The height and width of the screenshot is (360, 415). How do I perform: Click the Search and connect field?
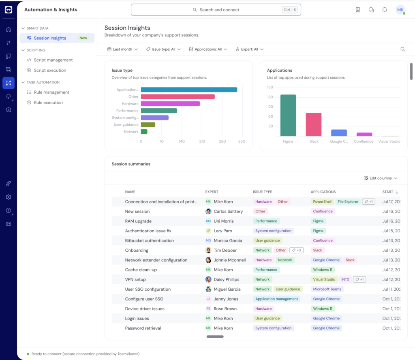[216, 10]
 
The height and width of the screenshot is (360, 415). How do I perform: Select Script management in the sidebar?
[53, 60]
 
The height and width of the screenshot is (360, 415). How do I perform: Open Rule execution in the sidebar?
[48, 103]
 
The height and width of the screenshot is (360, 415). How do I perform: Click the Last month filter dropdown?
[122, 49]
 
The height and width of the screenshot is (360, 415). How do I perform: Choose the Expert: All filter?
[249, 49]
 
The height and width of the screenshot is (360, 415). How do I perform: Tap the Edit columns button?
[381, 178]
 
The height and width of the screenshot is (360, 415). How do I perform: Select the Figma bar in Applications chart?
[288, 115]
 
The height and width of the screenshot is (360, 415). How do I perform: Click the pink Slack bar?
[314, 124]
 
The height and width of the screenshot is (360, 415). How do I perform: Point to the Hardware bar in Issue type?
[170, 104]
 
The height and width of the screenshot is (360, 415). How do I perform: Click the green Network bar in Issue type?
[144, 132]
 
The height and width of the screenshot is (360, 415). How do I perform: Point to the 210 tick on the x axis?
[202, 141]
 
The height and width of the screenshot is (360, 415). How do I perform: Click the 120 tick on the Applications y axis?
[270, 97]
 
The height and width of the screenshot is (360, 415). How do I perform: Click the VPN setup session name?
[135, 279]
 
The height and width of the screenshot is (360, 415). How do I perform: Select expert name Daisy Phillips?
[226, 279]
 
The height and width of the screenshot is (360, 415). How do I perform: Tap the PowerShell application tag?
[322, 201]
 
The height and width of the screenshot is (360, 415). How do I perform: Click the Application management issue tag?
[276, 299]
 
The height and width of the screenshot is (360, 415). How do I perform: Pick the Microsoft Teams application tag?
[327, 289]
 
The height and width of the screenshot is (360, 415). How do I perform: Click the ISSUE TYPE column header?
[262, 192]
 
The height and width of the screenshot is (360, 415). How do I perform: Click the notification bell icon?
[385, 10]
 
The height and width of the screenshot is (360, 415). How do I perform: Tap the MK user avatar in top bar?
[400, 10]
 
